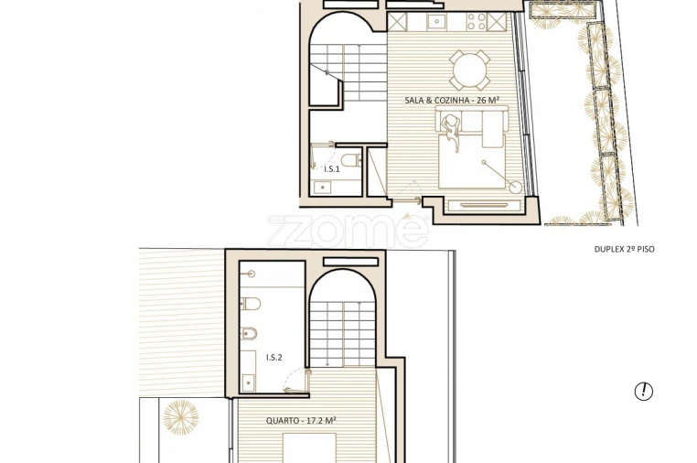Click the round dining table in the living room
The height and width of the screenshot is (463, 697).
coord(469,70)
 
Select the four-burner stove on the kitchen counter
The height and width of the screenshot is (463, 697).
coord(477,20)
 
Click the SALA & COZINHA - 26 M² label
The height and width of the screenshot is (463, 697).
coord(452,100)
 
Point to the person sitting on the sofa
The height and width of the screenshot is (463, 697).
coord(451,124)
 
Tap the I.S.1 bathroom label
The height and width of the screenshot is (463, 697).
coord(332,168)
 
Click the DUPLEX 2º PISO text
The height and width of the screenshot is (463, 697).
coord(624,249)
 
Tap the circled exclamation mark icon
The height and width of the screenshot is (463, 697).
coord(644,392)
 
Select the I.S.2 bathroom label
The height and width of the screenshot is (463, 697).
coord(273,357)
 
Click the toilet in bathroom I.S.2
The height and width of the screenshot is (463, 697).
coord(252,304)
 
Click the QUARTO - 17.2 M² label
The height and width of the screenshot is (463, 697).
coord(301,420)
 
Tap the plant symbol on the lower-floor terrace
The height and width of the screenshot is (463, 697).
coord(180,417)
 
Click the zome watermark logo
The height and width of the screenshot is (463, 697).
coord(348,231)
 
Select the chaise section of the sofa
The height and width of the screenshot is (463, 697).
coord(490,134)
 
